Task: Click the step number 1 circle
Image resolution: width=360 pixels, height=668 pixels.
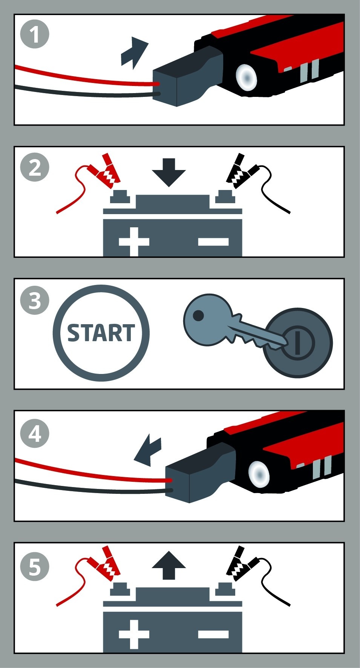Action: (x=34, y=34)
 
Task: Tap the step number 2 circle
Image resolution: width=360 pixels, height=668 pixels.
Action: (x=34, y=167)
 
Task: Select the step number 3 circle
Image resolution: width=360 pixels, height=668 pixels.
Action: (x=34, y=300)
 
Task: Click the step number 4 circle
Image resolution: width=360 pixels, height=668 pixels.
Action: (x=34, y=434)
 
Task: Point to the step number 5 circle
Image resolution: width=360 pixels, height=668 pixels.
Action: (x=34, y=567)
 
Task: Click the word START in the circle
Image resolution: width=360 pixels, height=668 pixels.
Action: (x=101, y=333)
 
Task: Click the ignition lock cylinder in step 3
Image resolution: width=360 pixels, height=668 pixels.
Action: (x=298, y=343)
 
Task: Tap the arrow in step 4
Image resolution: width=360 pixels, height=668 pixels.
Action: (x=148, y=450)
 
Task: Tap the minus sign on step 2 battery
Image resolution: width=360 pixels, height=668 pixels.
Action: (x=213, y=242)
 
